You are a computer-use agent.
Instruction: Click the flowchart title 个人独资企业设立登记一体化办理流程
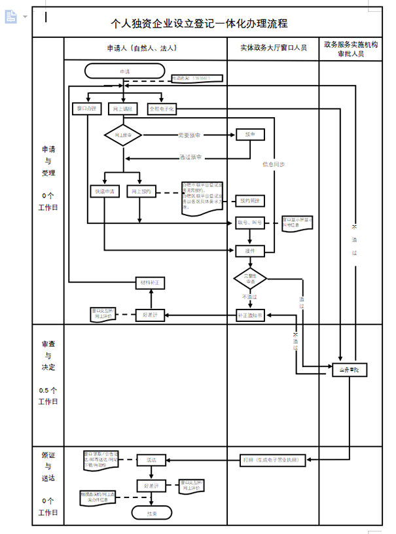200,24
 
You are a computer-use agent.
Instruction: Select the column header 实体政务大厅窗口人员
272,48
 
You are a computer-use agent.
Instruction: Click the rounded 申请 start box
124,70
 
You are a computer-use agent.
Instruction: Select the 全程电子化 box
162,109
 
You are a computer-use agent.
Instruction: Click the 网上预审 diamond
123,135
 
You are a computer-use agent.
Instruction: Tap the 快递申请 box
104,192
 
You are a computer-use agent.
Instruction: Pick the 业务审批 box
350,370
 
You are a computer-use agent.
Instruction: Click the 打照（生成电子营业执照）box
270,460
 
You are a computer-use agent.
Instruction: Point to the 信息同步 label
274,164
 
